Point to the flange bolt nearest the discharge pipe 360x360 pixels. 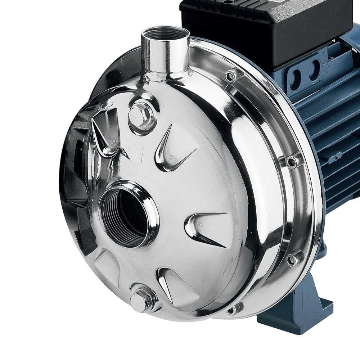click(x=231, y=76)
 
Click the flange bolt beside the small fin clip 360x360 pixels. click(x=292, y=161)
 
